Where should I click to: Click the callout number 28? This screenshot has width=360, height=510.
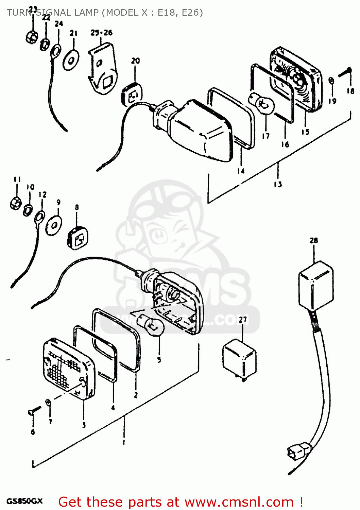(x=313, y=240)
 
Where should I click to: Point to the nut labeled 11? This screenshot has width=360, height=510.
(x=16, y=203)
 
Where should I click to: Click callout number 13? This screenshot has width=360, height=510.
(x=278, y=184)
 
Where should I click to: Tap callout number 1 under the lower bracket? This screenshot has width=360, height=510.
(x=124, y=442)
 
